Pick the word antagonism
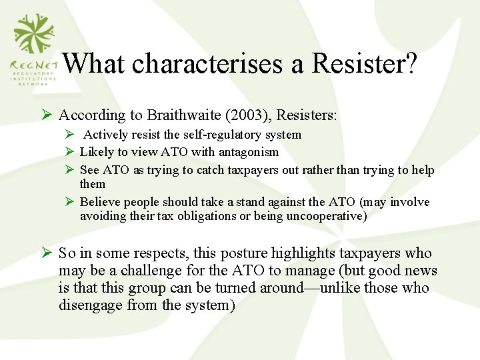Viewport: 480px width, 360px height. pyautogui.click(x=247, y=152)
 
